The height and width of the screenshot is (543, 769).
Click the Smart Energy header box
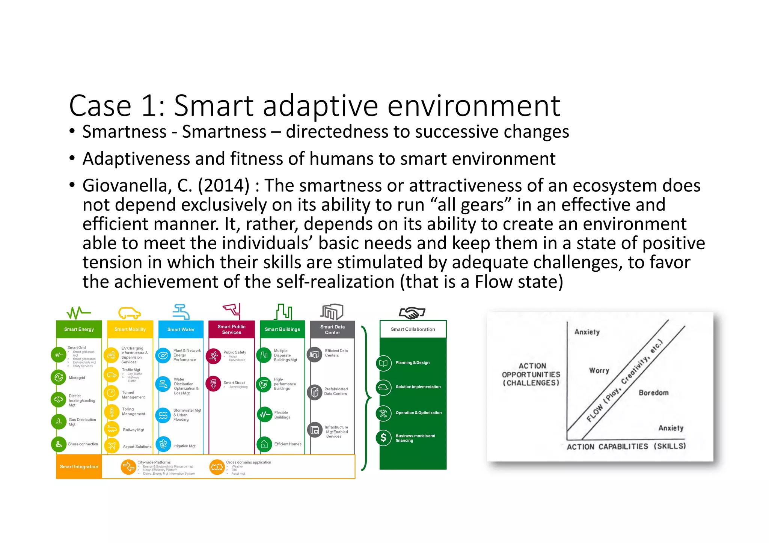[x=79, y=329]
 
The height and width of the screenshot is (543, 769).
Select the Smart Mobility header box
[x=130, y=329]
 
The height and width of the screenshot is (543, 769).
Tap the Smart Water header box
[x=181, y=329]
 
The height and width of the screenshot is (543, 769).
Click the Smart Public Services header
[x=231, y=329]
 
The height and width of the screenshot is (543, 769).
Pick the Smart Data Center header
[x=332, y=329]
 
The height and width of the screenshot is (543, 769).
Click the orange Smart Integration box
[x=79, y=466]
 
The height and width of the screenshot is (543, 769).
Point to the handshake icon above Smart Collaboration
[x=412, y=312]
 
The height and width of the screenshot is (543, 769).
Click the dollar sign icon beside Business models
[x=383, y=438]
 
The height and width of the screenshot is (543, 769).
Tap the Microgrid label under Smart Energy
[x=77, y=378]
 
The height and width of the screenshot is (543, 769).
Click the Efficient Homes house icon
[x=264, y=444]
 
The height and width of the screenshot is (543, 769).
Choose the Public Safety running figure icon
[x=214, y=355]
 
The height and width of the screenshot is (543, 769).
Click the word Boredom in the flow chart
[x=653, y=393]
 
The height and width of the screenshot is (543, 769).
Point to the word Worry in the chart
[x=599, y=370]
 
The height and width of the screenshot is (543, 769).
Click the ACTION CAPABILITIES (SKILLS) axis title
[x=626, y=446]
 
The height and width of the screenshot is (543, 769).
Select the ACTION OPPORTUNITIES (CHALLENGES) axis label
[x=531, y=374]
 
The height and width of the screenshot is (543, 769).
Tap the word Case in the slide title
[x=100, y=106]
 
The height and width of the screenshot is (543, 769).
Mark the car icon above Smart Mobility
[x=130, y=313]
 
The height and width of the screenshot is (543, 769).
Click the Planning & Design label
[x=412, y=363]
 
